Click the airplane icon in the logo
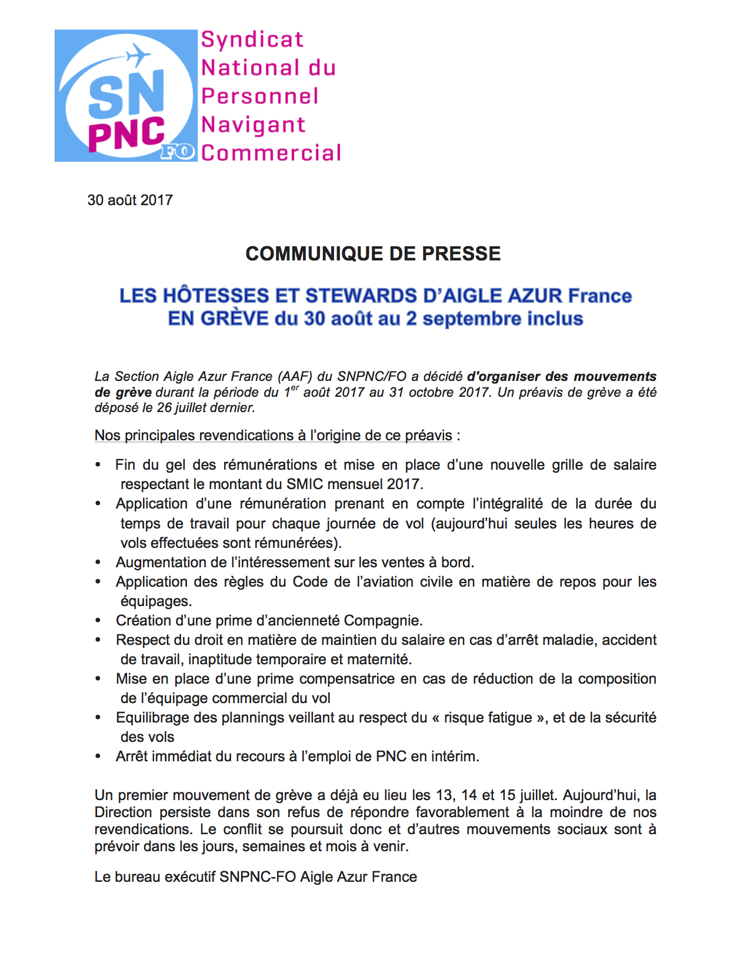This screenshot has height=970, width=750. pyautogui.click(x=138, y=56)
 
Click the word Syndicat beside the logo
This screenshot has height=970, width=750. pyautogui.click(x=252, y=39)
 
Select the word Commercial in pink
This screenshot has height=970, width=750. pyautogui.click(x=271, y=153)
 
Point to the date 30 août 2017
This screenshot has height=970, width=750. pyautogui.click(x=130, y=200)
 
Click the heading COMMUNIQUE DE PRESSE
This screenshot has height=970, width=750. pyautogui.click(x=373, y=253)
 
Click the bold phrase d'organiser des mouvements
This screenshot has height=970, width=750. pyautogui.click(x=561, y=376)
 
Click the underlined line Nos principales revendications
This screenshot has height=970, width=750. pyautogui.click(x=274, y=436)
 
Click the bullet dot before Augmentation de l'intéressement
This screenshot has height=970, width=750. pyautogui.click(x=98, y=563)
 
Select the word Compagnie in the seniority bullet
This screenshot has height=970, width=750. pyautogui.click(x=382, y=621)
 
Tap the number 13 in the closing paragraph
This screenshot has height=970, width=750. pyautogui.click(x=444, y=795)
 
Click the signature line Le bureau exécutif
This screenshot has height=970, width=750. pyautogui.click(x=255, y=877)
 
